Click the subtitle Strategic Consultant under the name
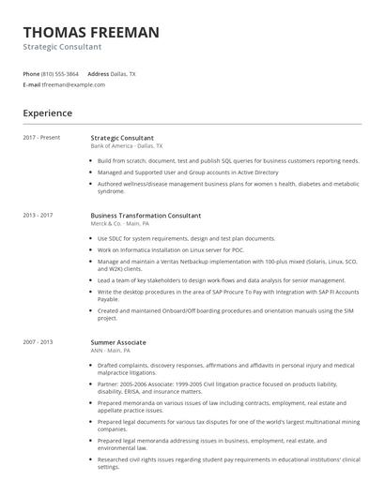tap(63, 47)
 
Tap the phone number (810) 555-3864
tap(60, 73)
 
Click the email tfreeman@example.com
tap(73, 84)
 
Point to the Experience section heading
tap(48, 113)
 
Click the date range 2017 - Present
tap(41, 138)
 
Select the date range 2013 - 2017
tap(38, 216)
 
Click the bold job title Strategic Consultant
tap(122, 138)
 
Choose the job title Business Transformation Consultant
tap(146, 216)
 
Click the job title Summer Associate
tap(118, 343)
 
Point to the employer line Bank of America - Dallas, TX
tap(127, 146)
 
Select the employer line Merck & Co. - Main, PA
tap(119, 224)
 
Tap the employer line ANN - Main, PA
tap(111, 351)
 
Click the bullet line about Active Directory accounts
tap(188, 173)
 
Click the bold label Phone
tap(31, 73)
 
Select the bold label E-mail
tap(32, 84)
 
